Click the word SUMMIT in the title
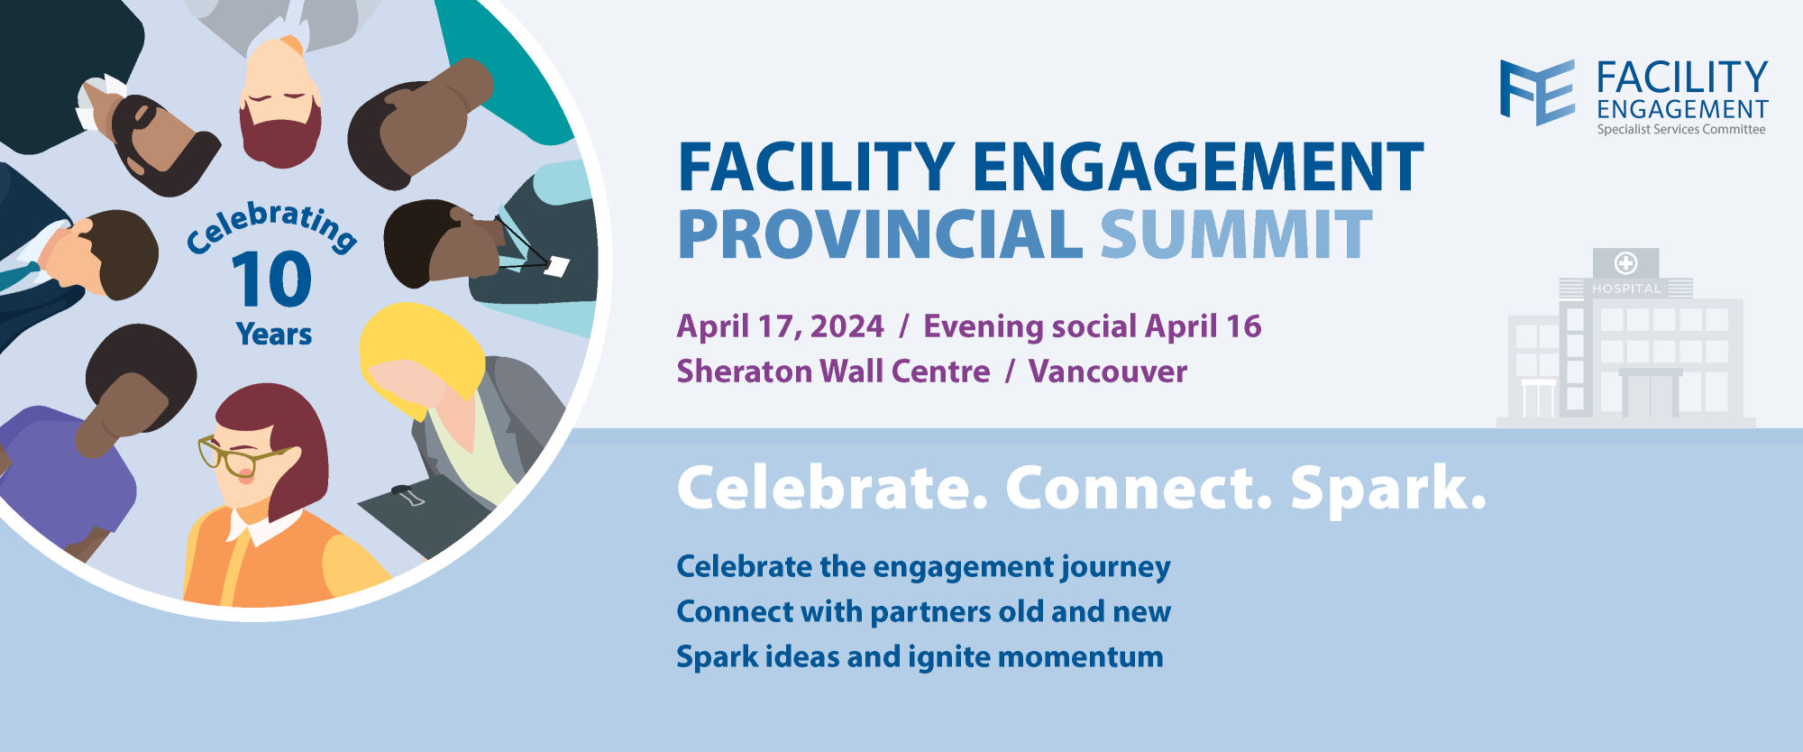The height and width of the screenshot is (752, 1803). click(1236, 234)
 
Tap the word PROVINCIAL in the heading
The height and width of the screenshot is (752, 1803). click(880, 234)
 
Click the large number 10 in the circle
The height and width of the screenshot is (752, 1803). click(272, 280)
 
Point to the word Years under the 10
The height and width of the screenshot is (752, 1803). click(274, 335)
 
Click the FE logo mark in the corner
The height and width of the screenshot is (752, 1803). click(1537, 91)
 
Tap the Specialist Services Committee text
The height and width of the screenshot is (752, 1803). click(1681, 130)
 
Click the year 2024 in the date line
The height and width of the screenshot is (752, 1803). click(847, 326)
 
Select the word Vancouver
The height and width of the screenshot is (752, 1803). click(1108, 371)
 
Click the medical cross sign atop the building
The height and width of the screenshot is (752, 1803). click(1625, 263)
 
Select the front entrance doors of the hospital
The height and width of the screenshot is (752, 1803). click(1651, 395)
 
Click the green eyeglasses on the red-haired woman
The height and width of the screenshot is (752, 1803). click(236, 455)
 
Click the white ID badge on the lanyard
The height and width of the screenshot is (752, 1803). click(557, 266)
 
